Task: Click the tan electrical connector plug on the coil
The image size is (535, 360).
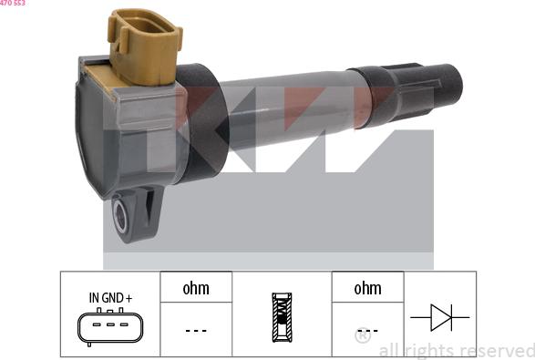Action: coord(145,46)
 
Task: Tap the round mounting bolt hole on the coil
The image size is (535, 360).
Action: coord(120,216)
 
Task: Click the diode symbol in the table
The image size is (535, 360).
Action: coord(440,317)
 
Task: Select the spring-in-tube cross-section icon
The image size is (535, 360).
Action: coord(282,317)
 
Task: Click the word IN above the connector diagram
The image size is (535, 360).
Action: coord(94,298)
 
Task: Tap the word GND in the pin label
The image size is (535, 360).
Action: coord(112,298)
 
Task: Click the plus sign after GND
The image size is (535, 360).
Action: coord(129,299)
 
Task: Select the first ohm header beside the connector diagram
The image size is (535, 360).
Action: coord(196,288)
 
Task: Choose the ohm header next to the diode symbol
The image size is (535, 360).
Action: coord(367,288)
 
